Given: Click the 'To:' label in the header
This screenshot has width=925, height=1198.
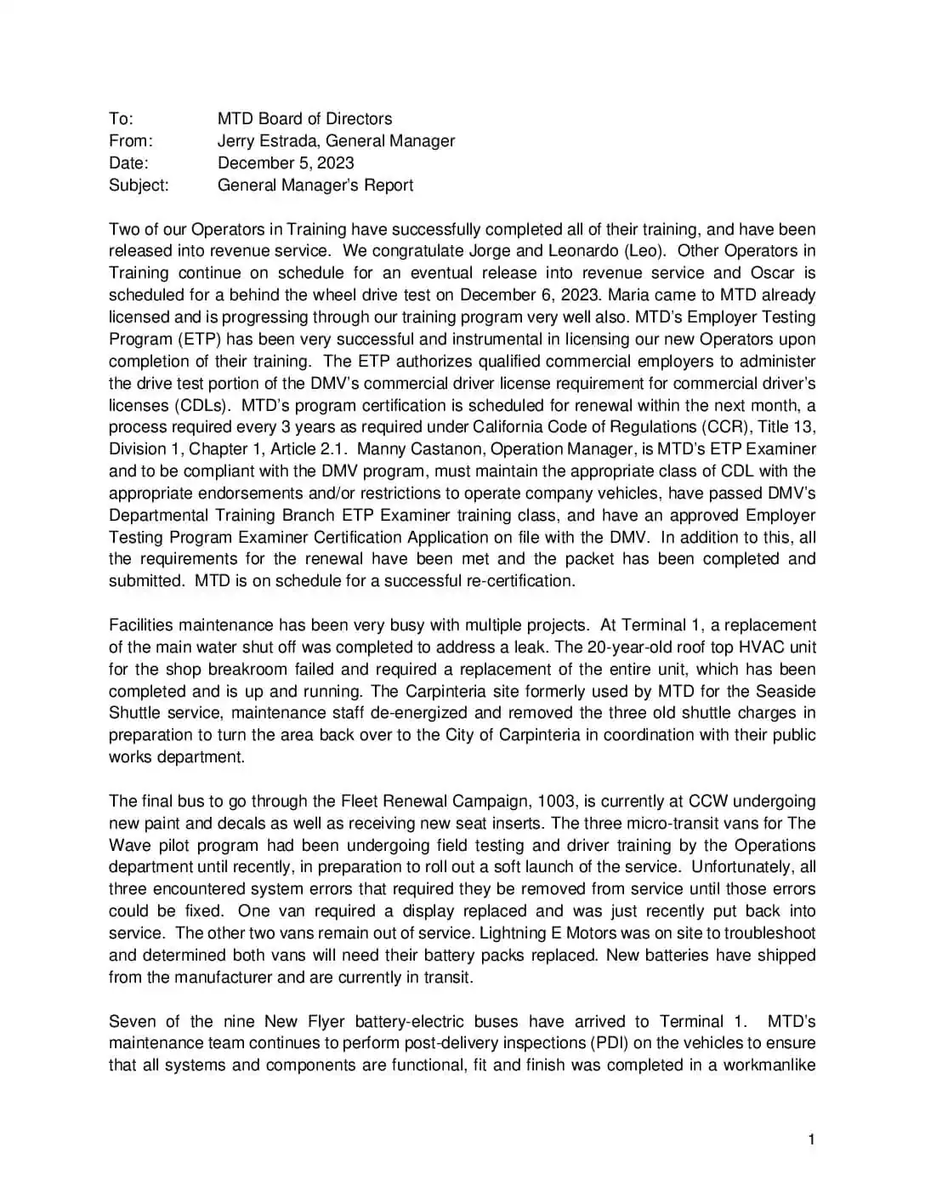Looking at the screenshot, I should pos(121,119).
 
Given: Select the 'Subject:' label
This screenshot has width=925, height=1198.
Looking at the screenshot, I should pos(139,185).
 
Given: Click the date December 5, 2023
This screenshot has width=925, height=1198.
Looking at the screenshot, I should pos(286,163).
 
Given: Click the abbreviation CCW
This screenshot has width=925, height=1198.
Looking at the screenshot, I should pos(707,802).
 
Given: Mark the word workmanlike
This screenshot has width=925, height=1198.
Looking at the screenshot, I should pos(769,1065).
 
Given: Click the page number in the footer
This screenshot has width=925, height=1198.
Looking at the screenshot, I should pos(812,1140).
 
